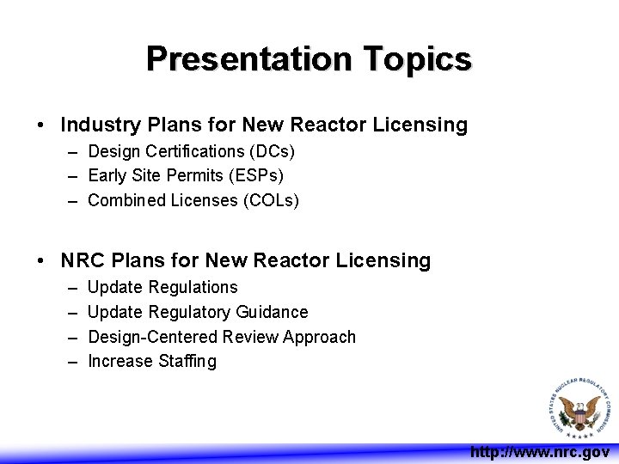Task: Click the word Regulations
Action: (193, 287)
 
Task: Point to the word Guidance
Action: (271, 312)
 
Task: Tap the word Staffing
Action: (187, 362)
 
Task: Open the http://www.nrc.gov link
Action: (539, 452)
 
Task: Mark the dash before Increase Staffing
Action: (72, 362)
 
